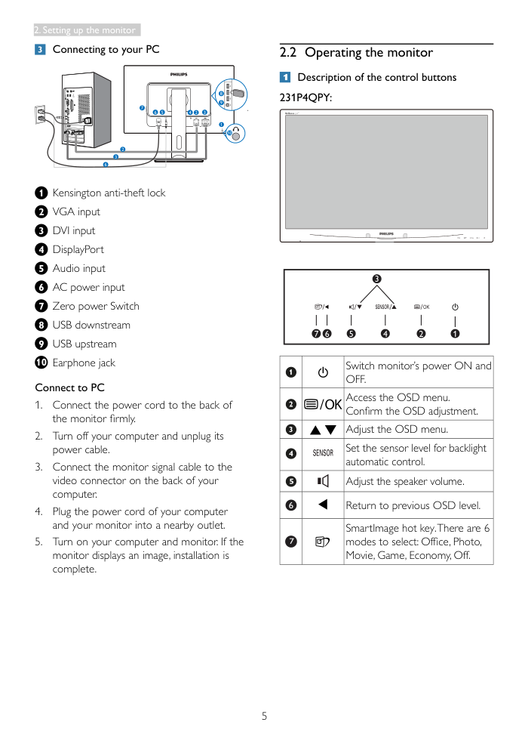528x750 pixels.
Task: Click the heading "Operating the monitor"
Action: pyautogui.click(x=368, y=53)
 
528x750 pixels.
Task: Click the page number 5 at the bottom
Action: pyautogui.click(x=264, y=716)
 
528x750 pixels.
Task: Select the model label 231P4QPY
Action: pyautogui.click(x=306, y=97)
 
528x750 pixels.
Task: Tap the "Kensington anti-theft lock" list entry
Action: pyautogui.click(x=109, y=193)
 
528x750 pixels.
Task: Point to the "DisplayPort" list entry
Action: pyautogui.click(x=78, y=250)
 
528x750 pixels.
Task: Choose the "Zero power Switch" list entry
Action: pyautogui.click(x=96, y=307)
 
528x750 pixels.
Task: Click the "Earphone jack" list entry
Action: pyautogui.click(x=84, y=363)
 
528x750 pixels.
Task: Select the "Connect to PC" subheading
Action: pyautogui.click(x=69, y=387)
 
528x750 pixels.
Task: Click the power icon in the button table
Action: pyautogui.click(x=323, y=372)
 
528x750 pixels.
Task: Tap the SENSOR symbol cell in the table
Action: pyautogui.click(x=323, y=453)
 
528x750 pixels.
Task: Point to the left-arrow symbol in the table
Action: pyautogui.click(x=323, y=505)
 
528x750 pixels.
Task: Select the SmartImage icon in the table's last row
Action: pyautogui.click(x=323, y=542)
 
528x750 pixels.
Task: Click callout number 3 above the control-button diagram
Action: pyautogui.click(x=376, y=279)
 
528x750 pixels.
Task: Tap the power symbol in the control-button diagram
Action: pyautogui.click(x=455, y=307)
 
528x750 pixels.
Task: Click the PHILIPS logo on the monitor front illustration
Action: pyautogui.click(x=386, y=234)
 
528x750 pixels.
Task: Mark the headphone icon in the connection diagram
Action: pyautogui.click(x=237, y=133)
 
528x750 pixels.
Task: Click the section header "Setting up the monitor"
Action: pyautogui.click(x=86, y=30)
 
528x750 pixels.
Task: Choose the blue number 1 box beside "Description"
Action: pyautogui.click(x=285, y=77)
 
